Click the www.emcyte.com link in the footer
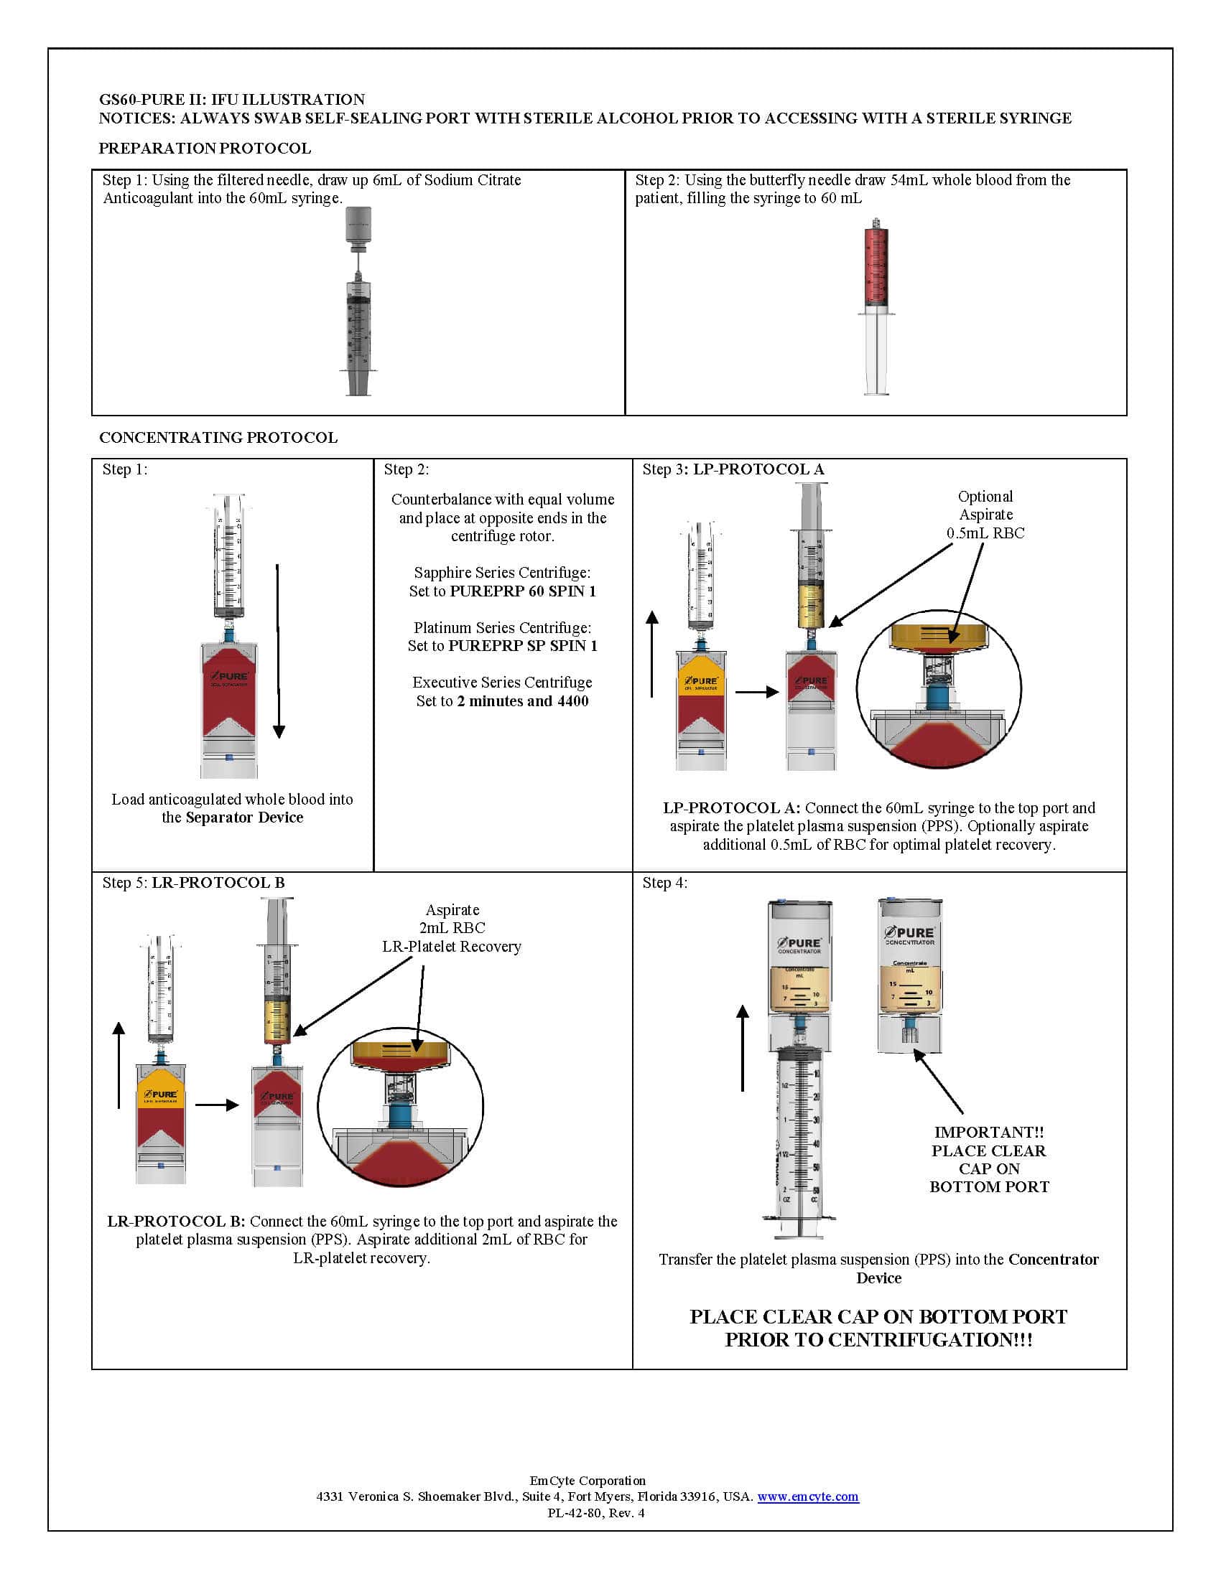808,1496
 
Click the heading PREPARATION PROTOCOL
205,149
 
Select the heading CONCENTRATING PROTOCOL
218,437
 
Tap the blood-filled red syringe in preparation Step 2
876,268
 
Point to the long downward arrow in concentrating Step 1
279,651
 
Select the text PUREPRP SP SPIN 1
523,646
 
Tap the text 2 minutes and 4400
523,701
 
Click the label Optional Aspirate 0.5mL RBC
985,515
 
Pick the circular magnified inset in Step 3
938,688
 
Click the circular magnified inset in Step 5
400,1105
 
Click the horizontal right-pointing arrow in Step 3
756,692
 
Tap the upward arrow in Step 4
743,1049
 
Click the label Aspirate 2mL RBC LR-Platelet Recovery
452,928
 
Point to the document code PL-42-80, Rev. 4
596,1512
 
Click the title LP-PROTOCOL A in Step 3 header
758,469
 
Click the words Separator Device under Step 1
244,817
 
